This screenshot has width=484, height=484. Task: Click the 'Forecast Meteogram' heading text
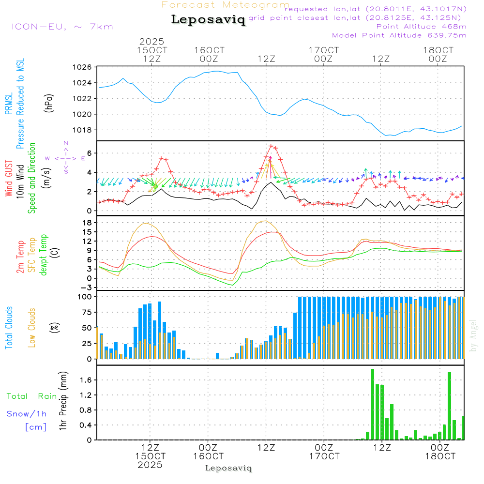coord(226,5)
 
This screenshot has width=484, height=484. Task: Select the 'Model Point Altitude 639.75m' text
coord(399,35)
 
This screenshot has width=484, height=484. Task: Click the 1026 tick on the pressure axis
coord(82,67)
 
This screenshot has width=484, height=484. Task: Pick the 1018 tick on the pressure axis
coord(82,130)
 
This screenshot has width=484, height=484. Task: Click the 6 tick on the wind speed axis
coord(89,153)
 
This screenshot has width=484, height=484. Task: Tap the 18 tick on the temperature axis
coord(87,223)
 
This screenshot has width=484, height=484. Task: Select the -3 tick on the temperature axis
coord(87,287)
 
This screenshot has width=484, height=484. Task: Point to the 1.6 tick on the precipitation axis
coord(86,380)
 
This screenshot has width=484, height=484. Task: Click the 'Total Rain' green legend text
coord(31,396)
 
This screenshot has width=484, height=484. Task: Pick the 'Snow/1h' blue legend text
coord(27,414)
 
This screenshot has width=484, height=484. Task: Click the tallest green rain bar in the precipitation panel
coord(372,404)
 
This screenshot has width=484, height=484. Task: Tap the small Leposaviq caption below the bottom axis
coord(228,468)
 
